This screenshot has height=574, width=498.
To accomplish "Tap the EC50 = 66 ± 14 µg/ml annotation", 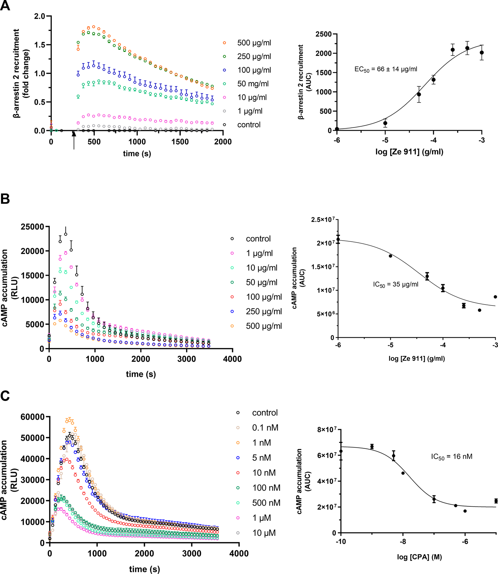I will tap(386, 69).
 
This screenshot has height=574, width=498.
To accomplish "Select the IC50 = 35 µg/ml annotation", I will tap(396, 284).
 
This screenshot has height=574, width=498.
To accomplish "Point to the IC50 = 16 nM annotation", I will tap(452, 456).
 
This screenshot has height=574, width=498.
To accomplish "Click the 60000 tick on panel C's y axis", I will tap(33, 417).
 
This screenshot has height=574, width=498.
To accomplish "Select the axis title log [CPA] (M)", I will tap(419, 557).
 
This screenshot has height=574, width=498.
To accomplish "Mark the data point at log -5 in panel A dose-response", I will tap(385, 123).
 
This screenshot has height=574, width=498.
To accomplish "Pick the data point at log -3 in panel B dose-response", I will tap(495, 297).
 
